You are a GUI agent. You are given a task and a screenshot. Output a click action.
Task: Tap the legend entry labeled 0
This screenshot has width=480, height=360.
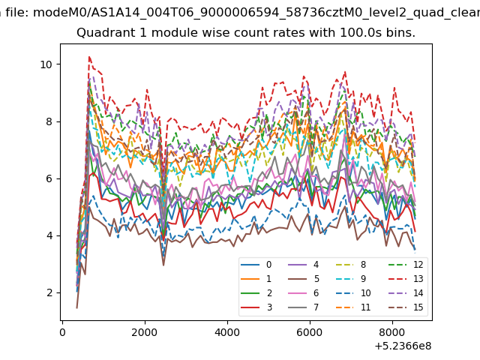coord(256,265)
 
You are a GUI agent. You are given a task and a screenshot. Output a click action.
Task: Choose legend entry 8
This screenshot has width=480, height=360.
coord(351,265)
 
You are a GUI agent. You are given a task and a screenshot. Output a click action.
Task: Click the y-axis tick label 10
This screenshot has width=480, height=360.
coord(46,64)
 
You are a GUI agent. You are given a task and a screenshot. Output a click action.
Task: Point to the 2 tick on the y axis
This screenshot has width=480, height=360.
coord(49,293)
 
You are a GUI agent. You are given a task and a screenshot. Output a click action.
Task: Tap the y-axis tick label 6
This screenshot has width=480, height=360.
coord(49,178)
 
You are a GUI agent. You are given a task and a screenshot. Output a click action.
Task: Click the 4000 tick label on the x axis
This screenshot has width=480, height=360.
coord(227,332)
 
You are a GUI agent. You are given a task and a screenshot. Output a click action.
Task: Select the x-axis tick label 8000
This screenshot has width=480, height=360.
coord(392,332)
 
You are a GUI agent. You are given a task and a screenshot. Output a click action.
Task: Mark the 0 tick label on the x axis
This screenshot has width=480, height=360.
coord(62,332)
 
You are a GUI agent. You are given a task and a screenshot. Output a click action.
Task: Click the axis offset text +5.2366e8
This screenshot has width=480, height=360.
coord(403,346)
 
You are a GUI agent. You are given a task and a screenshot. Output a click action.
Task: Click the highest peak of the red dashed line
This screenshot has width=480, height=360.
coord(89,57)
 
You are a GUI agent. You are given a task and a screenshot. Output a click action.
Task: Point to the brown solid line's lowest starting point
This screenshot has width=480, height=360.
coord(76,308)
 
